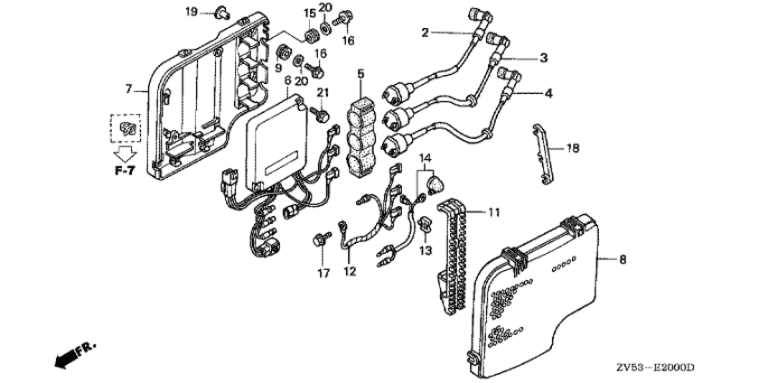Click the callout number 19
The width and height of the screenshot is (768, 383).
tap(191, 11)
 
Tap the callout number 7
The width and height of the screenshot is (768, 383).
tap(128, 89)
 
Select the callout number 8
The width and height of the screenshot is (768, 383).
tap(622, 259)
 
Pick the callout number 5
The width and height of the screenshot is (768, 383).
tap(361, 73)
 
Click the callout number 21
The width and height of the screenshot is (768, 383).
tap(322, 92)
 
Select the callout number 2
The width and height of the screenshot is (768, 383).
tap(425, 33)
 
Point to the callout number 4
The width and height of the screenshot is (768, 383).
tap(547, 92)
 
